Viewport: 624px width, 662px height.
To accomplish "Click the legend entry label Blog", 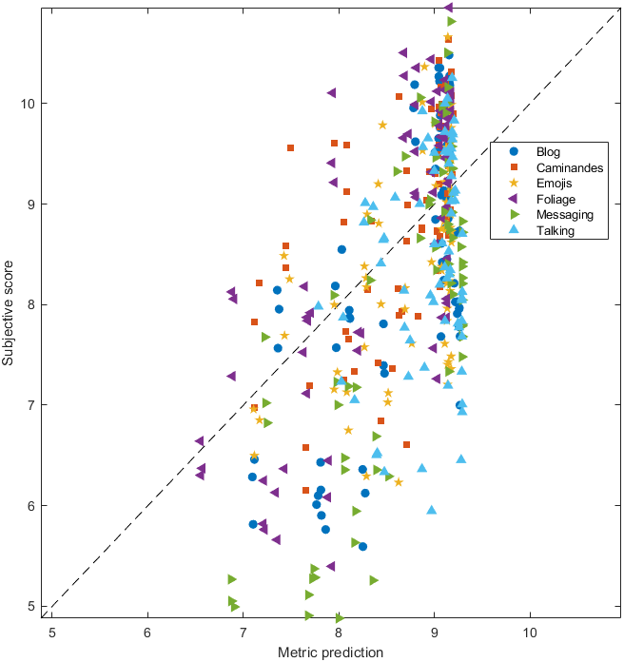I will pyautogui.click(x=548, y=151).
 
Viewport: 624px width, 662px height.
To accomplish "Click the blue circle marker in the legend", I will pyautogui.click(x=513, y=151).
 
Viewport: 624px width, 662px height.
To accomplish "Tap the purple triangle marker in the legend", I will pyautogui.click(x=513, y=199).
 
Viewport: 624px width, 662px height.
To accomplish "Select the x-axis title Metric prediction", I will pyautogui.click(x=330, y=652).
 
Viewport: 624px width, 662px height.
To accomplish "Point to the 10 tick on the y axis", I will pyautogui.click(x=30, y=103).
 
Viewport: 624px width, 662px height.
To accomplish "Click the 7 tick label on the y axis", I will pyautogui.click(x=34, y=405).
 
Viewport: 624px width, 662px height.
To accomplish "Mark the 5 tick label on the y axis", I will pyautogui.click(x=34, y=606).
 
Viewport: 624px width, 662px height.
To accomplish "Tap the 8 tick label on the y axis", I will pyautogui.click(x=34, y=304).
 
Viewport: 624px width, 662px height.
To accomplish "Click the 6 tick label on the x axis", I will pyautogui.click(x=147, y=631).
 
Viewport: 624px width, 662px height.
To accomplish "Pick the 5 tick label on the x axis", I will pyautogui.click(x=51, y=631).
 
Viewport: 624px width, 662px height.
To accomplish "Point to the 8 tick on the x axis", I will pyautogui.click(x=339, y=631).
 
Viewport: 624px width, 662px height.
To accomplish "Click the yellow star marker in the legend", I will pyautogui.click(x=513, y=183).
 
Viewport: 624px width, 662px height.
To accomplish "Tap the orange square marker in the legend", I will pyautogui.click(x=513, y=167).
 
